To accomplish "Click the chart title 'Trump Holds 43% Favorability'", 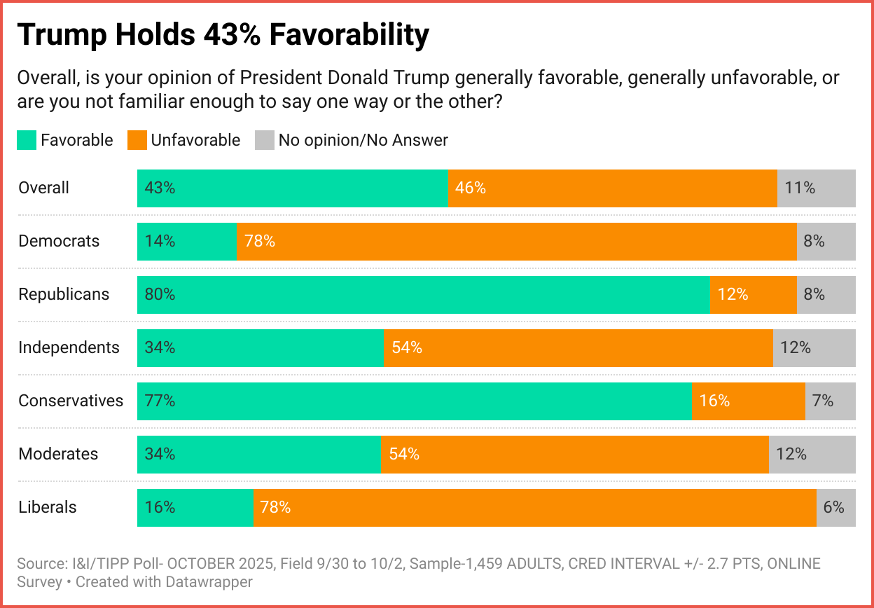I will pyautogui.click(x=223, y=35).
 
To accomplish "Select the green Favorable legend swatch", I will pyautogui.click(x=27, y=140).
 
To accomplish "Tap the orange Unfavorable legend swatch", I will pyautogui.click(x=137, y=140).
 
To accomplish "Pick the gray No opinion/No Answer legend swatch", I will pyautogui.click(x=264, y=140).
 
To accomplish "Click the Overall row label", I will pyautogui.click(x=44, y=188).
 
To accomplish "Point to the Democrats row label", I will pyautogui.click(x=59, y=241).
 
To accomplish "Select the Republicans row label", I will pyautogui.click(x=64, y=294).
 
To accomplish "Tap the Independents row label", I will pyautogui.click(x=69, y=347).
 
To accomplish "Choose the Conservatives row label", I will pyautogui.click(x=71, y=401).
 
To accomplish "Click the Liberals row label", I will pyautogui.click(x=48, y=507).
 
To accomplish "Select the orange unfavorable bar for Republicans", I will pyautogui.click(x=753, y=294).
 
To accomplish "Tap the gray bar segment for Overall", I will pyautogui.click(x=816, y=188).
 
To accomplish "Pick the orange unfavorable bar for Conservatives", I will pyautogui.click(x=748, y=401).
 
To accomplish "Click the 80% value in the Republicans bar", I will pyautogui.click(x=160, y=294).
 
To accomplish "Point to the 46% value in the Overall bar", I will pyautogui.click(x=471, y=188).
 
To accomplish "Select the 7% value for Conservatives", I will pyautogui.click(x=822, y=401).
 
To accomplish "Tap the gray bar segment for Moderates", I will pyautogui.click(x=812, y=454).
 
